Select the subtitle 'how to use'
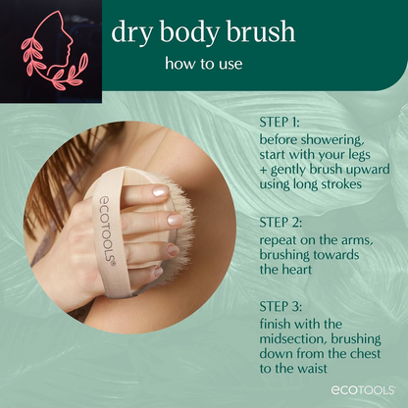[x=204, y=63]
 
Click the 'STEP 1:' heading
[x=280, y=123]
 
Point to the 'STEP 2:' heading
[x=280, y=223]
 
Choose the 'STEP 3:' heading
[x=280, y=307]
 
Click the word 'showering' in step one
[x=331, y=140]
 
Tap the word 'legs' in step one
[x=357, y=155]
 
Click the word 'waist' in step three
[x=312, y=369]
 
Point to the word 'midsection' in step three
[x=293, y=339]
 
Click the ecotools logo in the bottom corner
[x=363, y=390]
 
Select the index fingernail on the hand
[x=161, y=191]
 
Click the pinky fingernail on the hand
[x=158, y=271]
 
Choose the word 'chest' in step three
[x=366, y=354]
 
